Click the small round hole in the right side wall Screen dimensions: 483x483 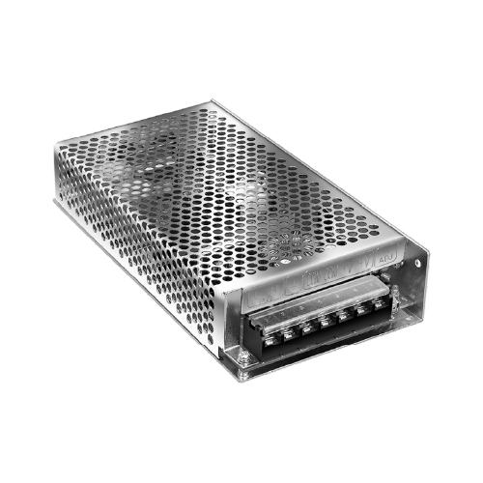(x=417, y=261)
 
